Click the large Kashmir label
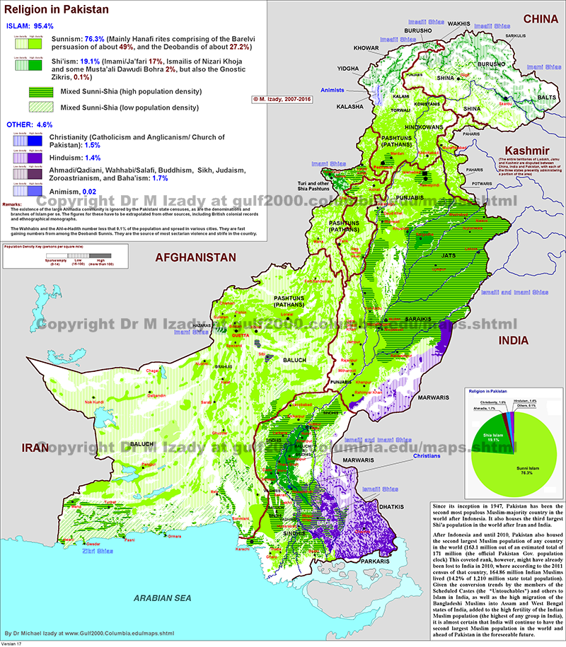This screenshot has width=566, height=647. (527, 151)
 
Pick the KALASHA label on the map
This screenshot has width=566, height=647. (351, 105)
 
